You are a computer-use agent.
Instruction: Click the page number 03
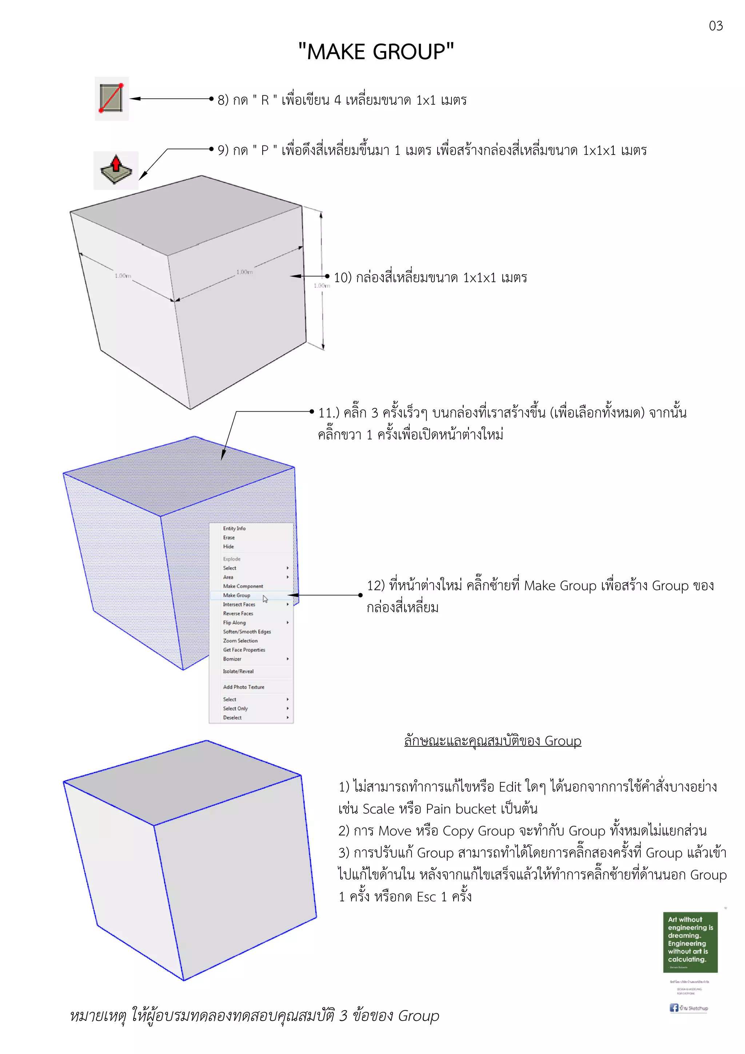(x=715, y=26)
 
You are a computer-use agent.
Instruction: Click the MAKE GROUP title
(x=375, y=51)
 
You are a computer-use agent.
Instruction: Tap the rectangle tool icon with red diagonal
(x=112, y=98)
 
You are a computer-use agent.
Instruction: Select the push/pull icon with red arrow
(x=116, y=170)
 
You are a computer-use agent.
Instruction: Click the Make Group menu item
(x=237, y=595)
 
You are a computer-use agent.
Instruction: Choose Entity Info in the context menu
(x=234, y=528)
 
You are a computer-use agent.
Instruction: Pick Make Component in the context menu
(x=243, y=586)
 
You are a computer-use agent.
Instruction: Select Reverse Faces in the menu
(x=238, y=613)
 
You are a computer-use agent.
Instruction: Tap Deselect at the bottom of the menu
(x=232, y=718)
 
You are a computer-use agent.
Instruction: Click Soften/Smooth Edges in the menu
(x=247, y=632)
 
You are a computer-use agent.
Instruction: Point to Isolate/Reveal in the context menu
(x=238, y=671)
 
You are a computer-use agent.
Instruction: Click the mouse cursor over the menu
(x=265, y=599)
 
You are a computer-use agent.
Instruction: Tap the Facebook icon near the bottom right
(x=673, y=1008)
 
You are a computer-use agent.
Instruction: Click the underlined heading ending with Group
(x=493, y=741)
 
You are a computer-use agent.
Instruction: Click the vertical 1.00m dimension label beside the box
(x=321, y=286)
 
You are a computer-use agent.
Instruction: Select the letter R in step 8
(x=265, y=100)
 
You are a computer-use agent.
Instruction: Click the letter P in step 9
(x=265, y=151)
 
